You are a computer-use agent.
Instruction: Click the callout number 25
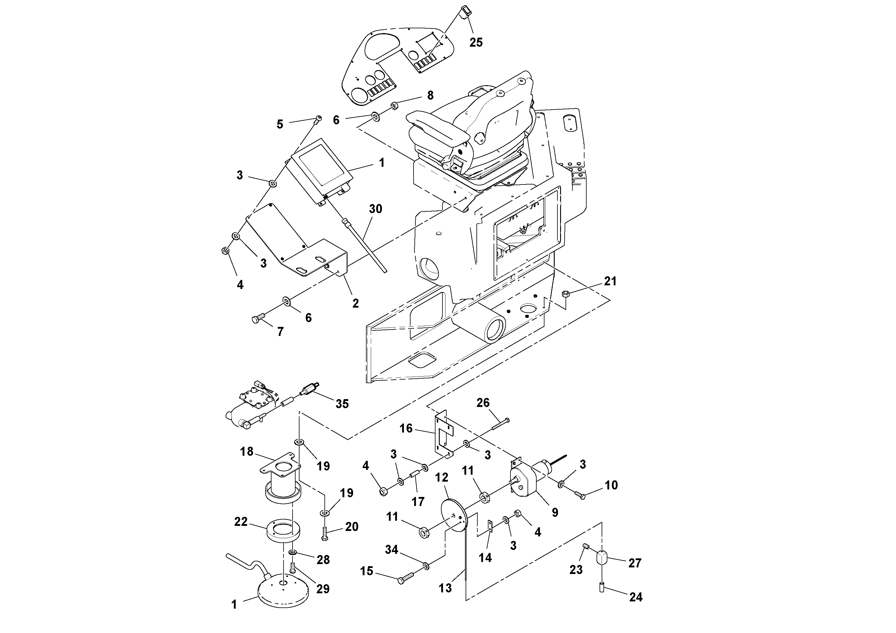pos(476,42)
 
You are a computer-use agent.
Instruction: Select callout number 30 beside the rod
pos(375,209)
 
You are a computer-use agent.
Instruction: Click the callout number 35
pos(342,404)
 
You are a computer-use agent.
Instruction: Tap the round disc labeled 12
pos(451,515)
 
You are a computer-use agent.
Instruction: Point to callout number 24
pos(636,597)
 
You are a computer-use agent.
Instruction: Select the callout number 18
pos(246,451)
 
